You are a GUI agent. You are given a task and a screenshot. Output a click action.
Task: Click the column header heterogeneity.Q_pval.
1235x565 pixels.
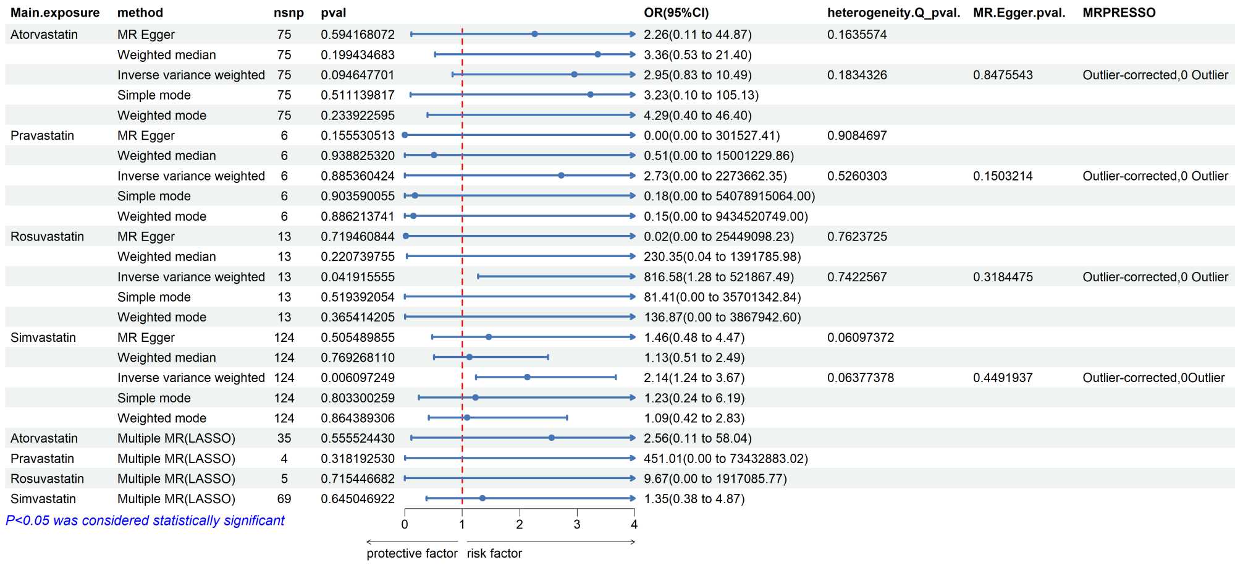(x=893, y=13)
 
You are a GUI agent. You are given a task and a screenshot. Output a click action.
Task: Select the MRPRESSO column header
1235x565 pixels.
(x=1119, y=13)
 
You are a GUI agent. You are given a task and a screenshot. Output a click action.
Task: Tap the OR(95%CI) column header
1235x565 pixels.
(x=676, y=13)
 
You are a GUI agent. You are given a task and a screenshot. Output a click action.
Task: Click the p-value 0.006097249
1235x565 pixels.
(x=358, y=378)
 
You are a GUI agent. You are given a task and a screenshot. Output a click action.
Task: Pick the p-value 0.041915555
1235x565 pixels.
(x=358, y=277)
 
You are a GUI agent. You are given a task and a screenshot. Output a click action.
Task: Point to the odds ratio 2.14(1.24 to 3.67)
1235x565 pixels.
(x=694, y=378)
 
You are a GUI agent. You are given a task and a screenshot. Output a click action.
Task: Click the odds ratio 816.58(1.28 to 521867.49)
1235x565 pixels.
(x=719, y=277)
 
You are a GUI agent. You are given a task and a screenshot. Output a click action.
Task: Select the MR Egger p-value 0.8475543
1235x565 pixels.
(x=1003, y=75)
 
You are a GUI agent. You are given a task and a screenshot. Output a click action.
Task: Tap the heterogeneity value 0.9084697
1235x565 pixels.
(x=857, y=136)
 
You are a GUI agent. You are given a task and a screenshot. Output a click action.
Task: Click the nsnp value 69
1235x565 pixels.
(x=284, y=499)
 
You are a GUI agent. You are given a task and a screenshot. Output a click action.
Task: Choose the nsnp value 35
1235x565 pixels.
(x=284, y=438)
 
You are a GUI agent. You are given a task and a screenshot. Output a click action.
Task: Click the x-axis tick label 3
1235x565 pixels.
(x=577, y=525)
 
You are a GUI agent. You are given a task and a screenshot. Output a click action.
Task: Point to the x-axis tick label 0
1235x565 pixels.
(x=405, y=525)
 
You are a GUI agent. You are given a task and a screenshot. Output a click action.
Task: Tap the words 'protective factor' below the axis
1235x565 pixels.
(x=412, y=553)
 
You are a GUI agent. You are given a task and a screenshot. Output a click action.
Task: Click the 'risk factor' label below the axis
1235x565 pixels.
(x=494, y=553)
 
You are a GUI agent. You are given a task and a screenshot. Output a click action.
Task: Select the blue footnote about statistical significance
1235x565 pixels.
(x=145, y=520)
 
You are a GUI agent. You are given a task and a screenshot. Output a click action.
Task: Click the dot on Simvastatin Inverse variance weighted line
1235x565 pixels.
(x=527, y=377)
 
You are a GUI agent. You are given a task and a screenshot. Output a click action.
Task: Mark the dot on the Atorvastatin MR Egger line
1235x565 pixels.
(x=534, y=34)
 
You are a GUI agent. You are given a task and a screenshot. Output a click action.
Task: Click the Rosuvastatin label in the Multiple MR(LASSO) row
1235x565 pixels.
(x=47, y=479)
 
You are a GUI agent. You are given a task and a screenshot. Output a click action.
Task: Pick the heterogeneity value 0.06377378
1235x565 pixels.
(x=861, y=378)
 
